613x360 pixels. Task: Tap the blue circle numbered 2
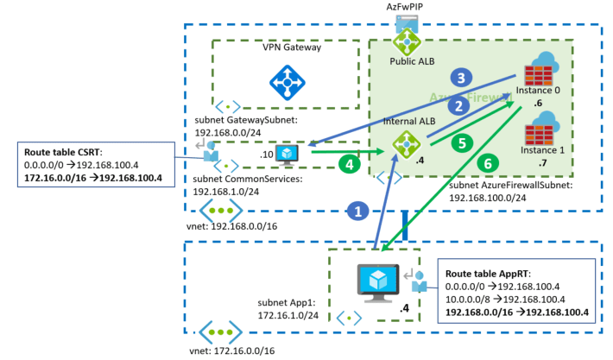[458, 105]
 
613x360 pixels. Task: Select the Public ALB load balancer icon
[404, 40]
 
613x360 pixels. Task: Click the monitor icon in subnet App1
[376, 280]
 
